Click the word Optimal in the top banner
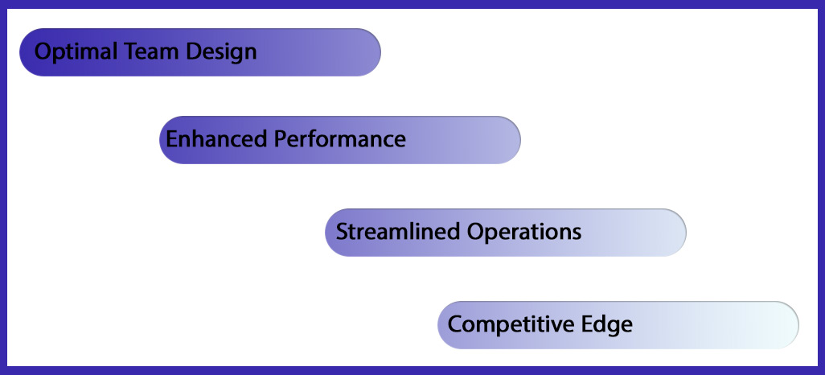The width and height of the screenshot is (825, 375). (x=78, y=52)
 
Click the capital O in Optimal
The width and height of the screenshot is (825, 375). (x=43, y=52)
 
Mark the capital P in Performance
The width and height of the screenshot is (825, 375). (x=282, y=139)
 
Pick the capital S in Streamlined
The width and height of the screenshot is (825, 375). (x=343, y=232)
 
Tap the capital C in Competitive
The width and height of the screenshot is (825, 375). (x=456, y=324)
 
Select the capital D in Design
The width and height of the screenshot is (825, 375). (x=194, y=52)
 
